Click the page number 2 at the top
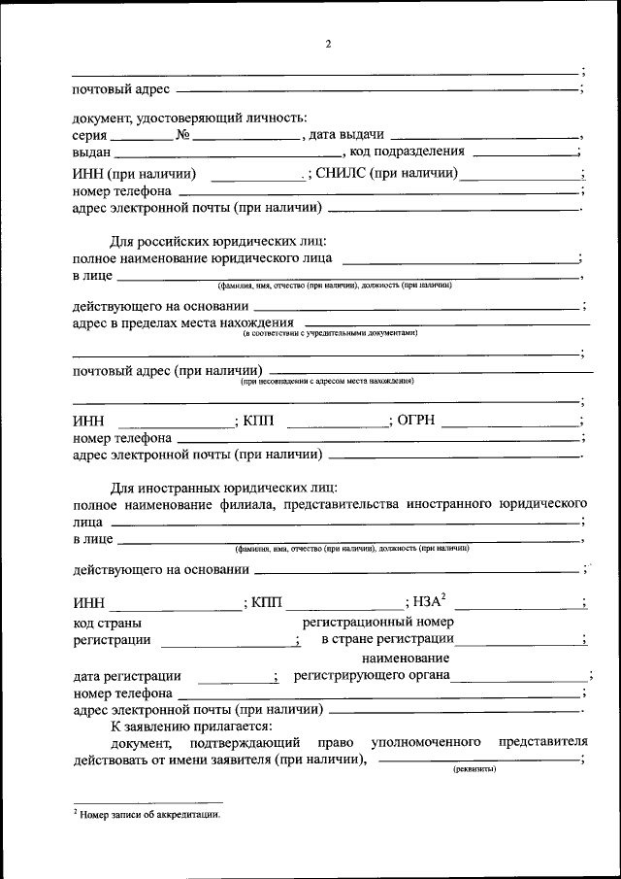point(328,44)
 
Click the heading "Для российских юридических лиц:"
point(217,240)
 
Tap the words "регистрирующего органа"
point(372,675)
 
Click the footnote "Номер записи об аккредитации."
point(147,816)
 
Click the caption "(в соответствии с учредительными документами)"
point(330,332)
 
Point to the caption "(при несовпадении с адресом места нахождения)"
point(330,382)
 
